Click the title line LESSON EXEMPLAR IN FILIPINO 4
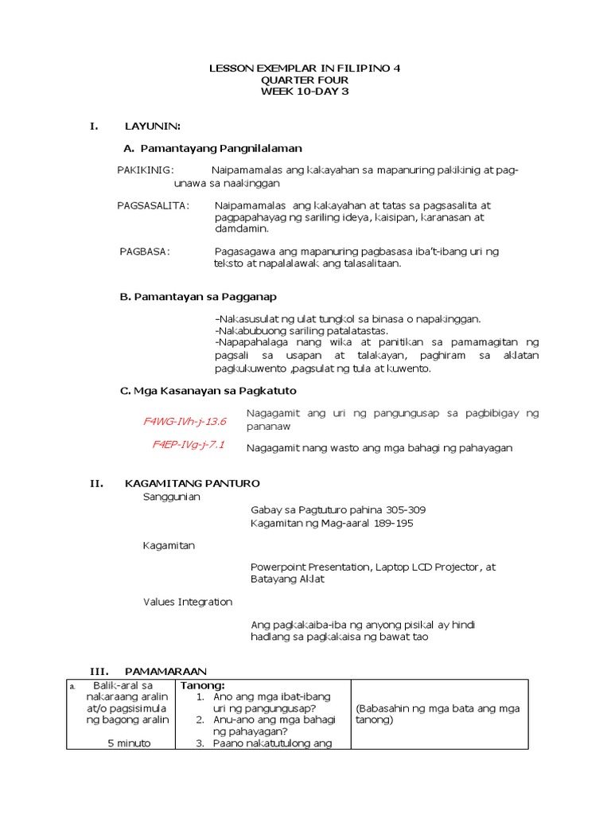click(305, 69)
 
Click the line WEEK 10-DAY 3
click(305, 92)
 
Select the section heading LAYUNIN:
click(153, 126)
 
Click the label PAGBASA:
click(145, 251)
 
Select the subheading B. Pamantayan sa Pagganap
click(198, 297)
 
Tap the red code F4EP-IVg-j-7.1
click(189, 445)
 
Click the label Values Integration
click(188, 602)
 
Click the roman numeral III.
click(99, 671)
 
